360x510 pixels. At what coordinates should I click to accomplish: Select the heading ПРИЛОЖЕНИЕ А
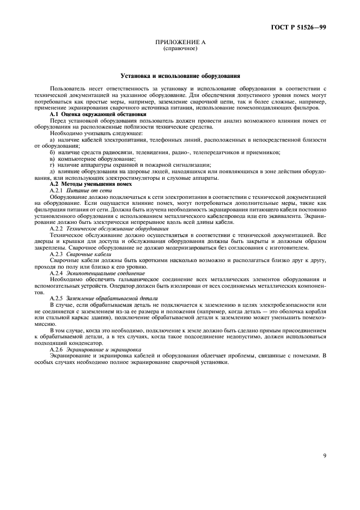pos(180,42)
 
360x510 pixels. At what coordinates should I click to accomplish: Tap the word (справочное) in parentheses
pos(180,48)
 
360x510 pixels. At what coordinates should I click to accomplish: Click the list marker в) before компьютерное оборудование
pos(52,158)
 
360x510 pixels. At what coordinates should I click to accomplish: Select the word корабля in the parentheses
pos(313,312)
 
